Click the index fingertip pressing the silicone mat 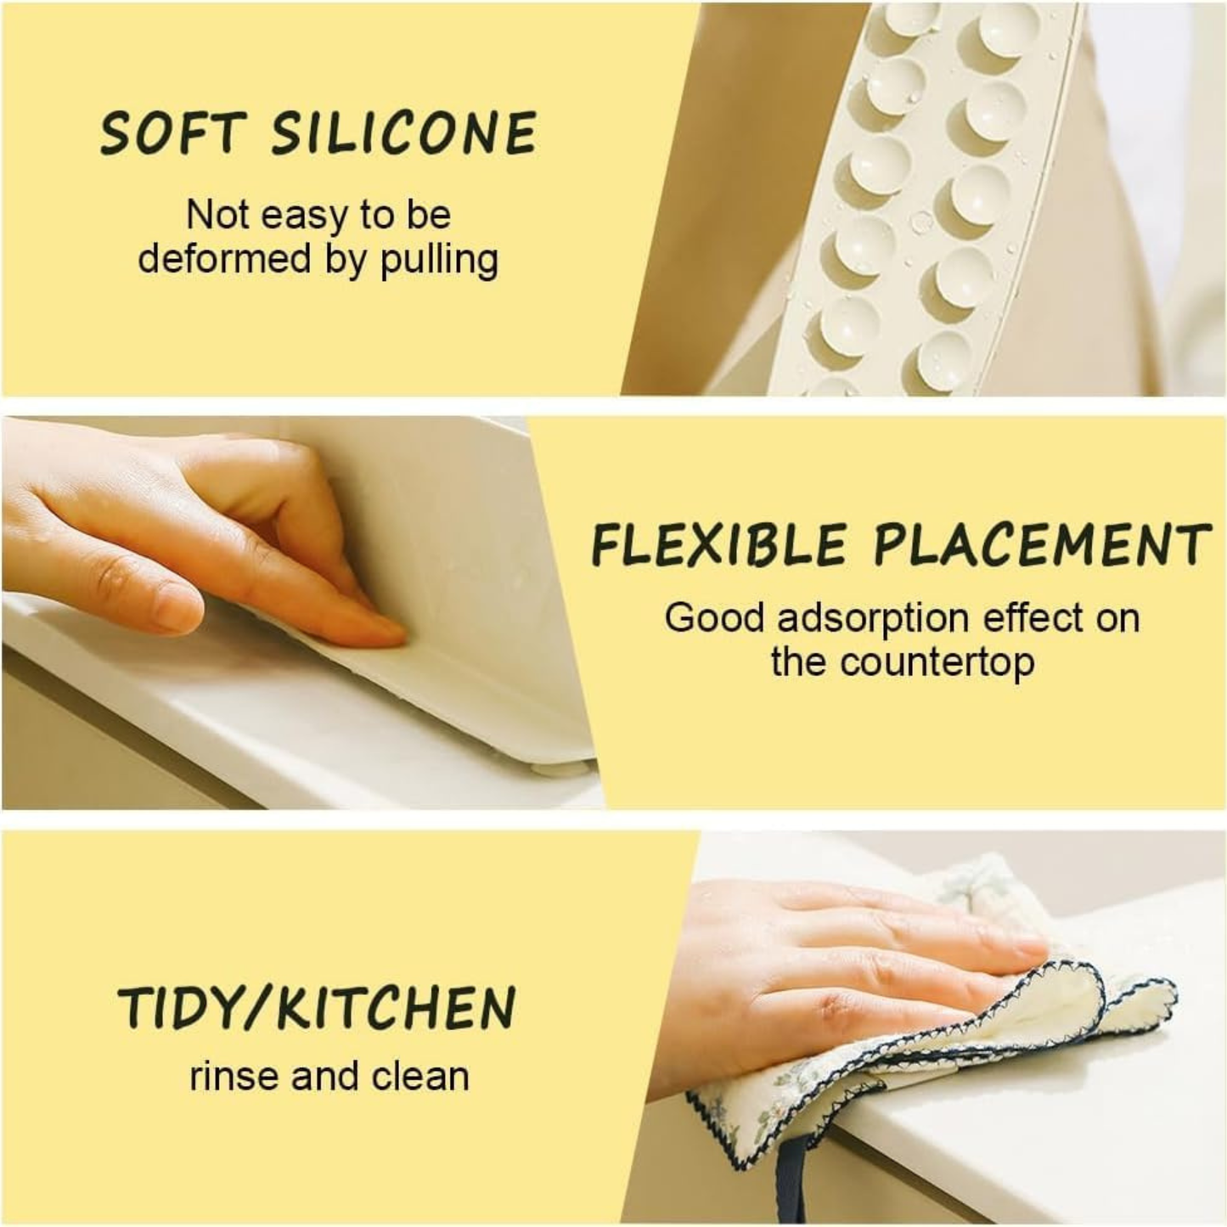coord(382,630)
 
